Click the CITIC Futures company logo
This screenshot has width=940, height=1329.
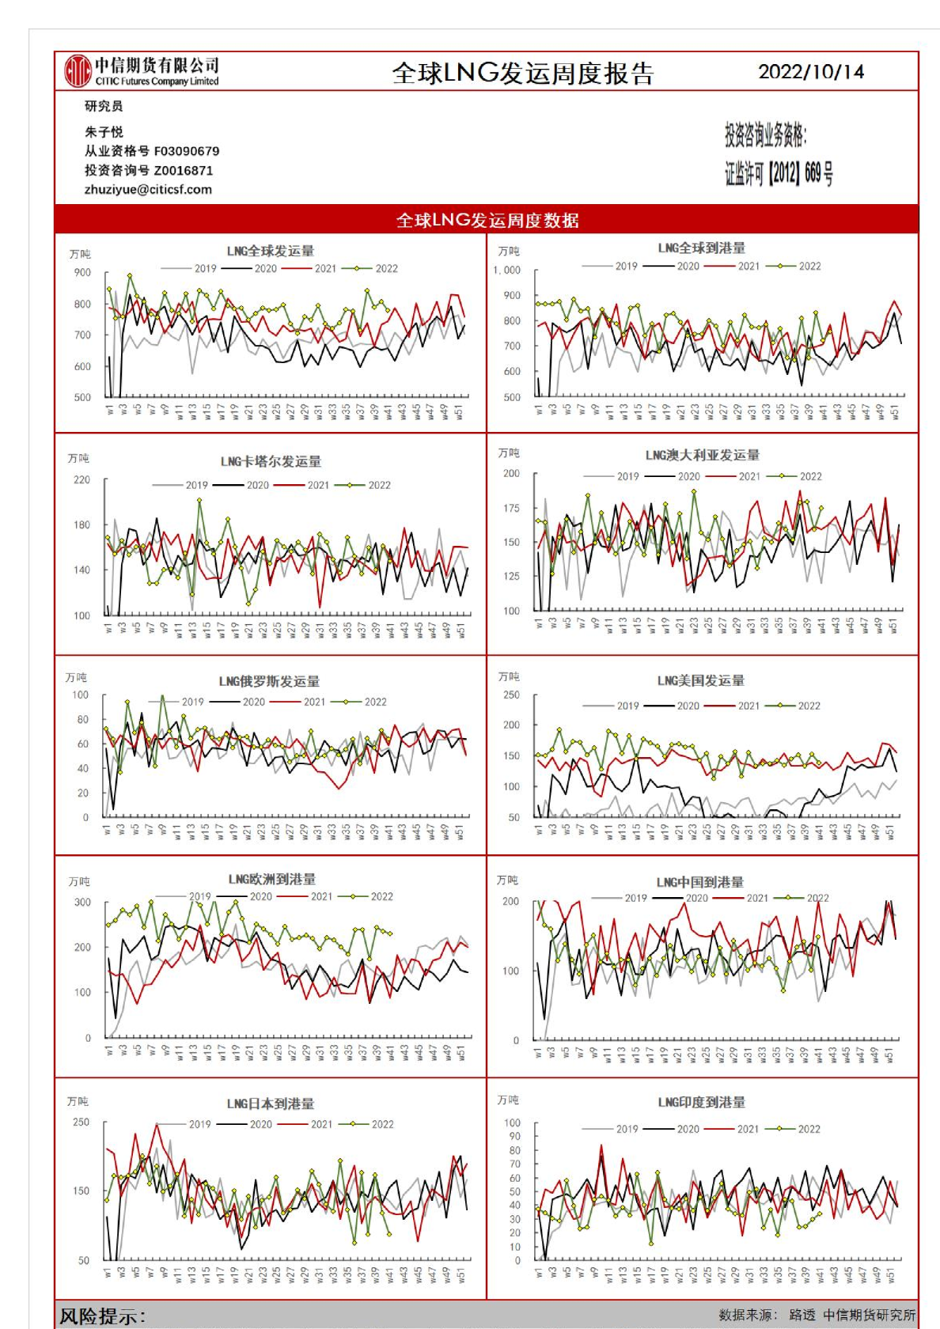click(78, 71)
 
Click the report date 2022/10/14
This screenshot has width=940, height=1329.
click(810, 72)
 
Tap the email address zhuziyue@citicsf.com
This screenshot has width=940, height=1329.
click(148, 190)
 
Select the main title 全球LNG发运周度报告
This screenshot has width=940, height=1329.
click(523, 74)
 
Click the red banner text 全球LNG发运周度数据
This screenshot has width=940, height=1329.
click(487, 220)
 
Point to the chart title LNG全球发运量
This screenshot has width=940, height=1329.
click(270, 251)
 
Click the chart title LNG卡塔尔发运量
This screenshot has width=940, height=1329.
click(271, 461)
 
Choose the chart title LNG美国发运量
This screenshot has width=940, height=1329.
click(700, 680)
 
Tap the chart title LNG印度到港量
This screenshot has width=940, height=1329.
click(701, 1102)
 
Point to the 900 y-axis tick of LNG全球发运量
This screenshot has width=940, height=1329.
click(82, 272)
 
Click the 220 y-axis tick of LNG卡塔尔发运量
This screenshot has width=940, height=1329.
click(81, 479)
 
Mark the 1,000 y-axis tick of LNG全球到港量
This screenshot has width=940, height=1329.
click(507, 270)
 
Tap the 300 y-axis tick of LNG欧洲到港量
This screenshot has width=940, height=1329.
click(82, 902)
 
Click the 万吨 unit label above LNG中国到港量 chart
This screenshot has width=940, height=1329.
click(507, 880)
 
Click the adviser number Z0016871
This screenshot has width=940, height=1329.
click(184, 170)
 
